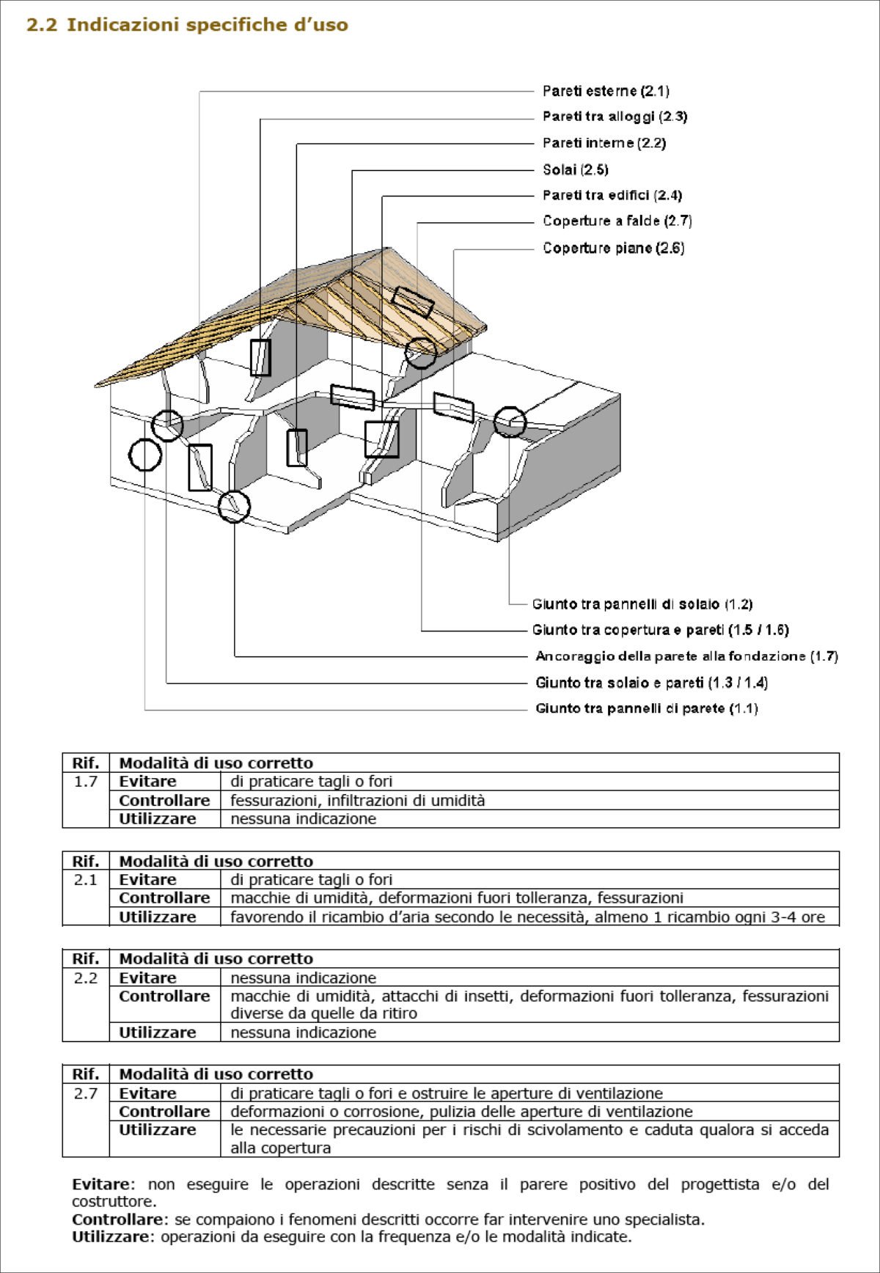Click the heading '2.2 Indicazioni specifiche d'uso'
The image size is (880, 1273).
click(187, 25)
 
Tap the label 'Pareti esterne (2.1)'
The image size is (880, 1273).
click(606, 91)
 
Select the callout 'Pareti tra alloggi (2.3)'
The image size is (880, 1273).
click(615, 117)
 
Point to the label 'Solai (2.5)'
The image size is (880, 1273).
click(576, 169)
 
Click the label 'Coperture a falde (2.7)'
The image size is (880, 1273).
click(617, 221)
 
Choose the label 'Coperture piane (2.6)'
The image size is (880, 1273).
click(614, 248)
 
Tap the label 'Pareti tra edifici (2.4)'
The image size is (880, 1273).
click(612, 195)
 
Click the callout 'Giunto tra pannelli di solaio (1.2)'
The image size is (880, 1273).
click(642, 604)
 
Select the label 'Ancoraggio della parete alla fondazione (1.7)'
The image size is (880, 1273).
click(686, 656)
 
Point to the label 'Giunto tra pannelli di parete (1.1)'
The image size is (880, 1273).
click(647, 708)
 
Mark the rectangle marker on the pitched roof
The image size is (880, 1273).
click(413, 301)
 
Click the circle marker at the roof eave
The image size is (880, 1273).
click(421, 353)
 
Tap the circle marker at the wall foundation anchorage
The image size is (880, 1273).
click(234, 506)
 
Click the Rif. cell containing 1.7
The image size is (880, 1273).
click(86, 782)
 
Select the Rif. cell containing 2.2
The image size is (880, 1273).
click(86, 977)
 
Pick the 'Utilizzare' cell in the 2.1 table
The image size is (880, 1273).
click(158, 917)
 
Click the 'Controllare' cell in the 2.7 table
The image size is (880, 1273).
click(164, 1112)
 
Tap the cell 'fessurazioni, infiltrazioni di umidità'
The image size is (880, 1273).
click(358, 801)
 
